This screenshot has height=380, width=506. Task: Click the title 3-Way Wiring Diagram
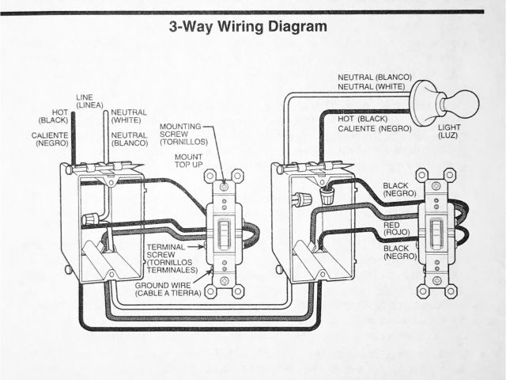pyautogui.click(x=248, y=26)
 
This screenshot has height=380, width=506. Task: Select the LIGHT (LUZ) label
pyautogui.click(x=448, y=131)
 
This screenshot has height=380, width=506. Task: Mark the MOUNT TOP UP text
pyautogui.click(x=190, y=161)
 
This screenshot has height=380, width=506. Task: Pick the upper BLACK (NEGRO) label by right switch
pyautogui.click(x=399, y=190)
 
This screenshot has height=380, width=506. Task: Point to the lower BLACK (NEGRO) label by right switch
pyautogui.click(x=399, y=253)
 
